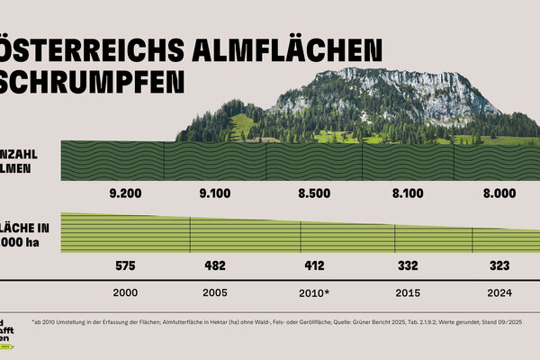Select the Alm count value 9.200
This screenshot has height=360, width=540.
(x=125, y=193)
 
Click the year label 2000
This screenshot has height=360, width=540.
(x=125, y=293)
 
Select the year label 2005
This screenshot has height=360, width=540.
(x=215, y=293)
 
